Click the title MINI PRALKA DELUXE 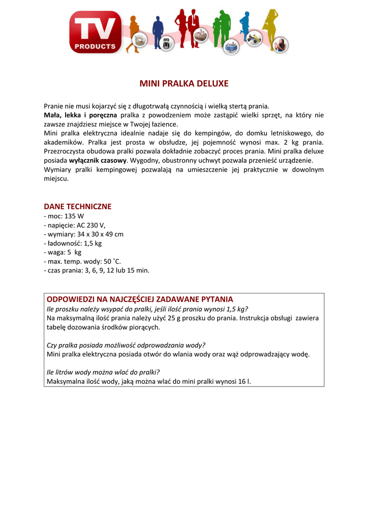point(184,83)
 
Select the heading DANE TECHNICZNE point(77,207)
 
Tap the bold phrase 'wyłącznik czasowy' point(98,160)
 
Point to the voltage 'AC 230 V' point(90,225)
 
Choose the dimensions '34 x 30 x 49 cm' point(100,234)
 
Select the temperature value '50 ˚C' point(112,262)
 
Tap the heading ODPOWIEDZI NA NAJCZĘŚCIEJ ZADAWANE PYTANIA point(140,299)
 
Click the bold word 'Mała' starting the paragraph point(52,115)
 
